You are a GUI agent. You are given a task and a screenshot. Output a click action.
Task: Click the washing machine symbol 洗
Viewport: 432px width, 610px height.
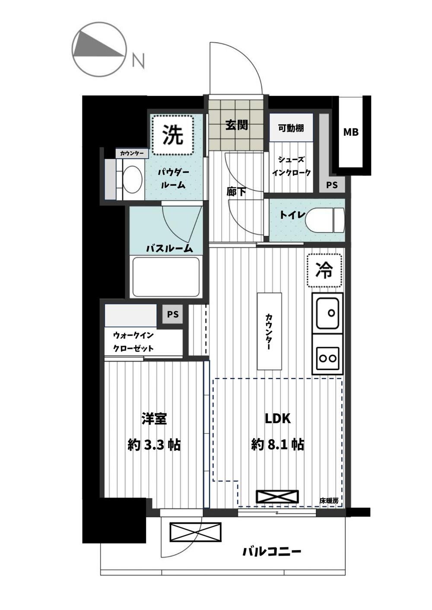(173, 135)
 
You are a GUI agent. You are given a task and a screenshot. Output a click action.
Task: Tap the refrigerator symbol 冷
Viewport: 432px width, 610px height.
(324, 270)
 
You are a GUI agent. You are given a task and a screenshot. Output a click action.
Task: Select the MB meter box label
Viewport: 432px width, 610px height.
(351, 132)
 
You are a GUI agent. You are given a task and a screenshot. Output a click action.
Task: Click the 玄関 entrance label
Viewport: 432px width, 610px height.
(236, 125)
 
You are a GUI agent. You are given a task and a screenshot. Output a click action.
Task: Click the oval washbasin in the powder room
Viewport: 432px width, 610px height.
(132, 179)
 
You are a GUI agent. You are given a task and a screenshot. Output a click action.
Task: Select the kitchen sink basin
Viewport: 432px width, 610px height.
(327, 313)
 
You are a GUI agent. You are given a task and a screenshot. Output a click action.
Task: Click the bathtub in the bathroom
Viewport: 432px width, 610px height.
(166, 277)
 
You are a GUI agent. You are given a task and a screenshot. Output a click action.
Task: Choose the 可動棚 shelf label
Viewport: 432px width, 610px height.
(291, 128)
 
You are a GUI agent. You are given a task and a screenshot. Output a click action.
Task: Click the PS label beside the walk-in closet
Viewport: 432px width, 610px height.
(173, 314)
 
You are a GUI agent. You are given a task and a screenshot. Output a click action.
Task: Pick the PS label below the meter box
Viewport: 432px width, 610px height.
(332, 185)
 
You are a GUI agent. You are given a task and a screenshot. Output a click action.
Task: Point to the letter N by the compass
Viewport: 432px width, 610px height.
(138, 60)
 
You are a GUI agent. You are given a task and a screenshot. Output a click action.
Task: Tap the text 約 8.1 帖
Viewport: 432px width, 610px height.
(277, 445)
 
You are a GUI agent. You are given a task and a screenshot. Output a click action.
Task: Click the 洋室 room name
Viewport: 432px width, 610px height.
(154, 419)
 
